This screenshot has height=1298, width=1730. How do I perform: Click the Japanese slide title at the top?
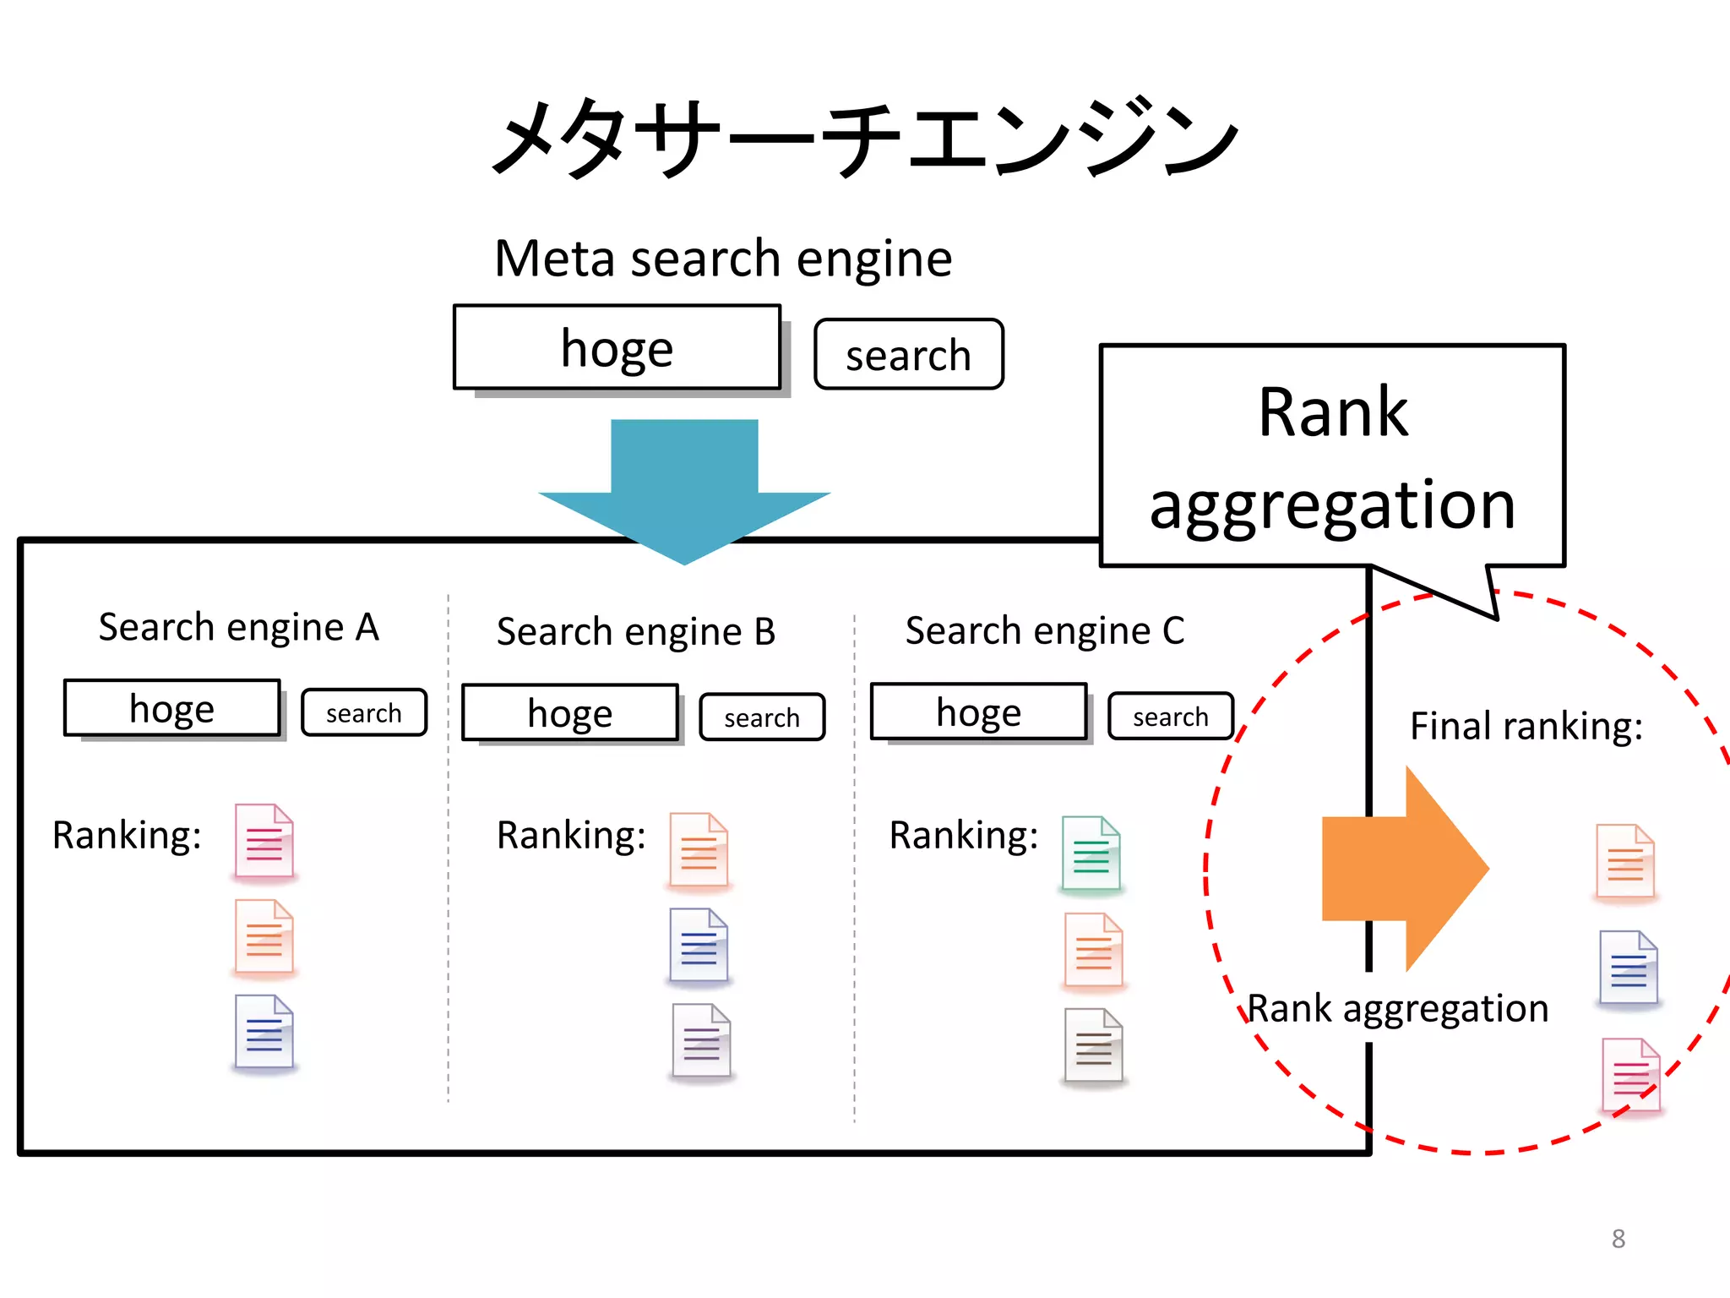(x=865, y=138)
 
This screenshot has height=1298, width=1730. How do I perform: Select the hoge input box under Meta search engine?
(x=617, y=347)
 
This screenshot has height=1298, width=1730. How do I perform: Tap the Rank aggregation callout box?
(x=1332, y=456)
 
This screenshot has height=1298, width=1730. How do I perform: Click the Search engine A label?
(x=239, y=627)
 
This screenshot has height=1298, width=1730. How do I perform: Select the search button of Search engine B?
(x=762, y=717)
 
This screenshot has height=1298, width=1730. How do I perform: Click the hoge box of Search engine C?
(x=978, y=712)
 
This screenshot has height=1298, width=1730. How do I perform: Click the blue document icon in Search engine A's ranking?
(x=264, y=1033)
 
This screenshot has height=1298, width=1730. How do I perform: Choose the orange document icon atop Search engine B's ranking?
(x=699, y=850)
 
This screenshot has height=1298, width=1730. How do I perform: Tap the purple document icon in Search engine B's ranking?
(x=701, y=1041)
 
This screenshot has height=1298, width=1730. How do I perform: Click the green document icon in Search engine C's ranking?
(x=1091, y=854)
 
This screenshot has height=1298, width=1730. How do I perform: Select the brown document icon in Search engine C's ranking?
(x=1094, y=1046)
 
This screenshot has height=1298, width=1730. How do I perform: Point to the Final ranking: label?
(x=1526, y=726)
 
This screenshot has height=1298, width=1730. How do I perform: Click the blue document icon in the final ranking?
(x=1629, y=968)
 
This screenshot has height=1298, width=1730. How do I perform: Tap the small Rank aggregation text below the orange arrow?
(x=1398, y=1008)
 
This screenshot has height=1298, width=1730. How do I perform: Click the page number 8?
(x=1618, y=1239)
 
